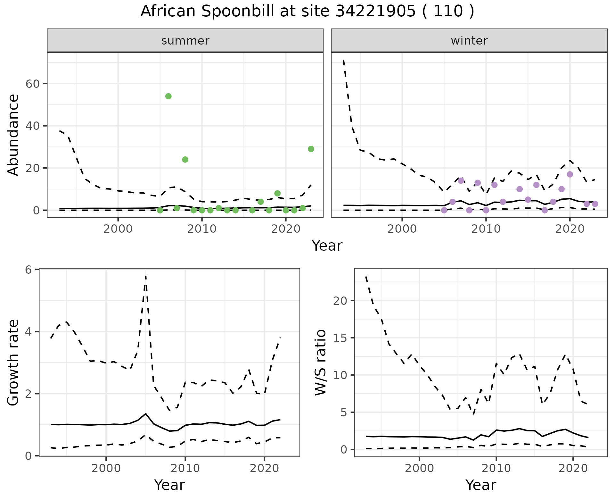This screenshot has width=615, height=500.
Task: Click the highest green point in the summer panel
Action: (x=168, y=96)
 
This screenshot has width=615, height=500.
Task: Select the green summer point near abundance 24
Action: (x=185, y=160)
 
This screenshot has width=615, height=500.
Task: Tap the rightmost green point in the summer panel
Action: (x=311, y=149)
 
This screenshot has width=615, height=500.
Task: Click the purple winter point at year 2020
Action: (x=570, y=174)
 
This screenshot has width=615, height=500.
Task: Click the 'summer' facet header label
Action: (x=185, y=41)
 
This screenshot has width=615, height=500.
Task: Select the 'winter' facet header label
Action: (x=469, y=41)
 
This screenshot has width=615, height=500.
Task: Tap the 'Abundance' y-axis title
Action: (x=13, y=135)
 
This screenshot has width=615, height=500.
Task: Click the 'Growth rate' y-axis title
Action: (x=13, y=363)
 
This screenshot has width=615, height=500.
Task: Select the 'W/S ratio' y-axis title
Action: (x=320, y=363)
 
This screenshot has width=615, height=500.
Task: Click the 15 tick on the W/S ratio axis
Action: (x=340, y=338)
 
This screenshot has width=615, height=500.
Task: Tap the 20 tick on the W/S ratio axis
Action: (x=340, y=301)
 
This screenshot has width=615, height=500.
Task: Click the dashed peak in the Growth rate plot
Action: (x=146, y=276)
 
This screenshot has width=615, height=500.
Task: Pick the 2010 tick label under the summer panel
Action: (x=202, y=229)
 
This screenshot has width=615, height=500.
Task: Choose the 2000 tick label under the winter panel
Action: (x=402, y=229)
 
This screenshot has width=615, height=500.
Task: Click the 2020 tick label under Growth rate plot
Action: (x=264, y=468)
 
